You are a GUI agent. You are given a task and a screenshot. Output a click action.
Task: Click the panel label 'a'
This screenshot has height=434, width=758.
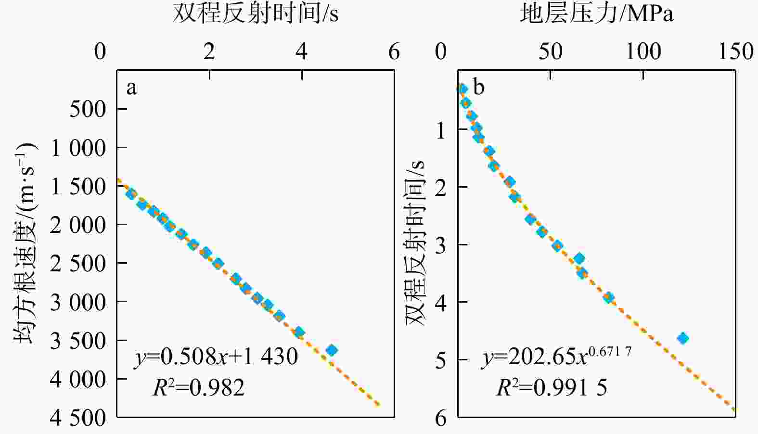coord(131,88)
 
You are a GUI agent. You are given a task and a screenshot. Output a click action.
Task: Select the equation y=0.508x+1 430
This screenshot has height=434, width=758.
coord(216,357)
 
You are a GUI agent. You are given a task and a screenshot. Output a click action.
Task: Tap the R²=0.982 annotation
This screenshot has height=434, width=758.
coord(199,387)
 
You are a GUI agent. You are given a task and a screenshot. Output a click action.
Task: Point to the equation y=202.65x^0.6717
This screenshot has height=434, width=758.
coord(556,357)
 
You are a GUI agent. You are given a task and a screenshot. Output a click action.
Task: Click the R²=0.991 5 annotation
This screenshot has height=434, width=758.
coord(552,387)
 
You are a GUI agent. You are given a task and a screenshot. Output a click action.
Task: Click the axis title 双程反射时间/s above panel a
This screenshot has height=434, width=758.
coord(256,14)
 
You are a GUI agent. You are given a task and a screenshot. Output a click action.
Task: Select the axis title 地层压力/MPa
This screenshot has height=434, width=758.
coord(596,14)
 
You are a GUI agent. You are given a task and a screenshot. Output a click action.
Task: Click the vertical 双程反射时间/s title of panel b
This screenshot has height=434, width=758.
coord(415,243)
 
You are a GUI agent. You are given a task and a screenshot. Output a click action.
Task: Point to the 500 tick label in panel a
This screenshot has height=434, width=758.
coord(88,109)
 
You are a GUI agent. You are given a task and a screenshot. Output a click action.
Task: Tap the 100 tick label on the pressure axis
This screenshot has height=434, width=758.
coord(643,51)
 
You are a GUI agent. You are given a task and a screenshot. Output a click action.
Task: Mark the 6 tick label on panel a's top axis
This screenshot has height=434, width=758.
coord(394,51)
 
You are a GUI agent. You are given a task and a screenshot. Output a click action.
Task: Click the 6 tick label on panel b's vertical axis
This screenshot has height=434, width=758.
coord(441,418)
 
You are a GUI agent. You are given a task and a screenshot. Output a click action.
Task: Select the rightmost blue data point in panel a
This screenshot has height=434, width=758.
coord(331,350)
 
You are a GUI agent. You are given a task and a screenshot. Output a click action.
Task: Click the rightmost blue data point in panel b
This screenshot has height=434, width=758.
coord(682,338)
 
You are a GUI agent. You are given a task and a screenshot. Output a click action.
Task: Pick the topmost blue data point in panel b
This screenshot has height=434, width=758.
coord(462,89)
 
